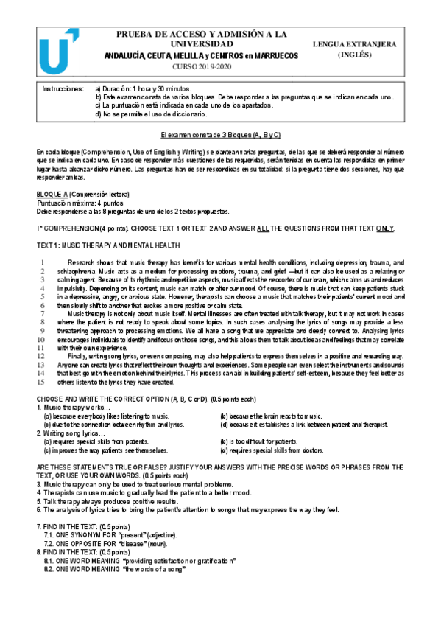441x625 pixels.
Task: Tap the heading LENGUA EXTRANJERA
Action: [365, 44]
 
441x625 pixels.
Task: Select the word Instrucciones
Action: [62, 88]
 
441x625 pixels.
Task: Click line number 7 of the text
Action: [43, 314]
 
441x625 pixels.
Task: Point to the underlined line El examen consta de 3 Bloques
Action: [220, 136]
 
